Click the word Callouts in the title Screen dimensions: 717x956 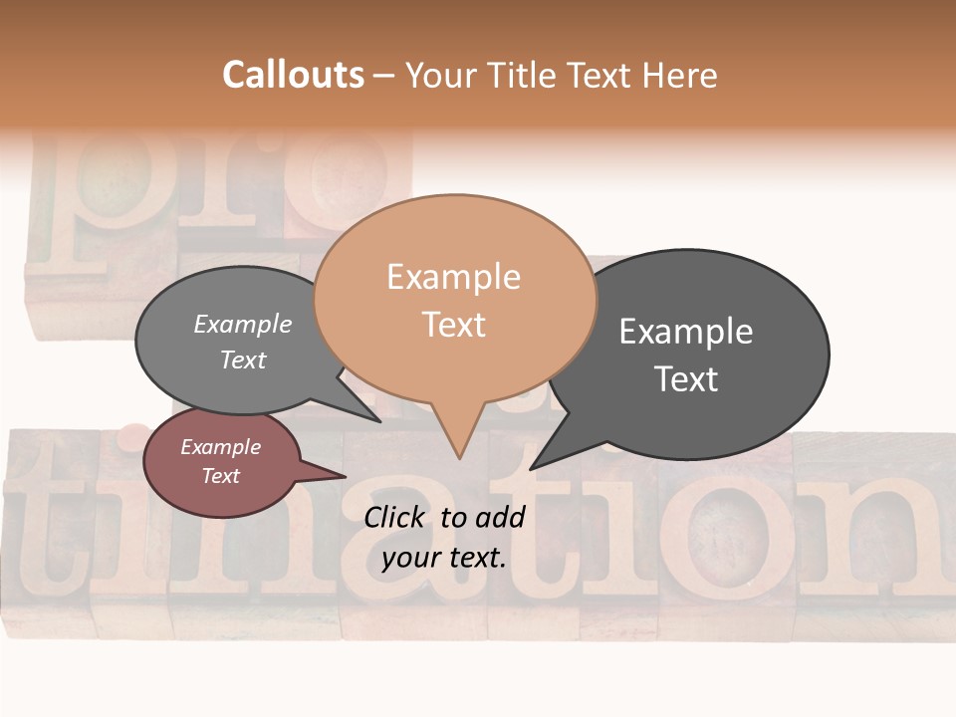293,75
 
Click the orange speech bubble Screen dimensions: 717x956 454,299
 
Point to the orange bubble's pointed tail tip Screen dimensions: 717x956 459,457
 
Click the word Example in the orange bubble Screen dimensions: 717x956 453,277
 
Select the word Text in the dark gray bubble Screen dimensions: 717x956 686,379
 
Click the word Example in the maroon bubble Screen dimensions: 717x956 221,448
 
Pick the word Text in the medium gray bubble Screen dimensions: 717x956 243,360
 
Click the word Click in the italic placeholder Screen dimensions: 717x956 395,517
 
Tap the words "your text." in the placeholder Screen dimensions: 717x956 444,558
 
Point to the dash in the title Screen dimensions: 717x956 384,75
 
